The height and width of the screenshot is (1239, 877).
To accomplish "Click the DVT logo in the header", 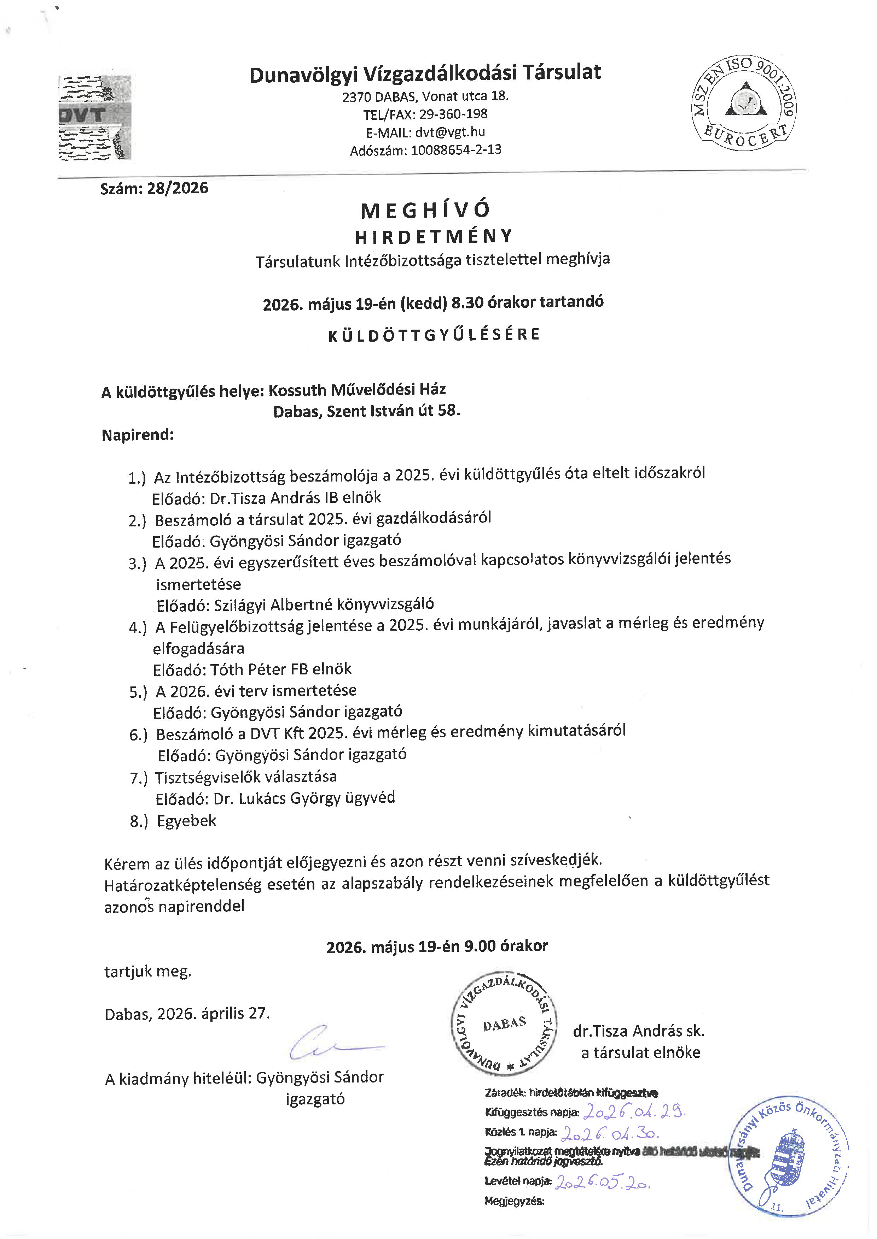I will point(94,117).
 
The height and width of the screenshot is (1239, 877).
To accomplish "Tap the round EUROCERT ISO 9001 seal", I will point(744,102).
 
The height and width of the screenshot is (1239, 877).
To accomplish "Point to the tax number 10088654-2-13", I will point(456,150).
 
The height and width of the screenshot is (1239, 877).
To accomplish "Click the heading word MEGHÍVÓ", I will point(425,211).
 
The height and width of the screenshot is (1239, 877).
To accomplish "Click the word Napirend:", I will point(138,435).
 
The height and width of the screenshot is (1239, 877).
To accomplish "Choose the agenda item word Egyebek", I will point(186,821).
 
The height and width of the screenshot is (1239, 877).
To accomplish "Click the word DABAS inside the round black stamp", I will point(504,1024).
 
